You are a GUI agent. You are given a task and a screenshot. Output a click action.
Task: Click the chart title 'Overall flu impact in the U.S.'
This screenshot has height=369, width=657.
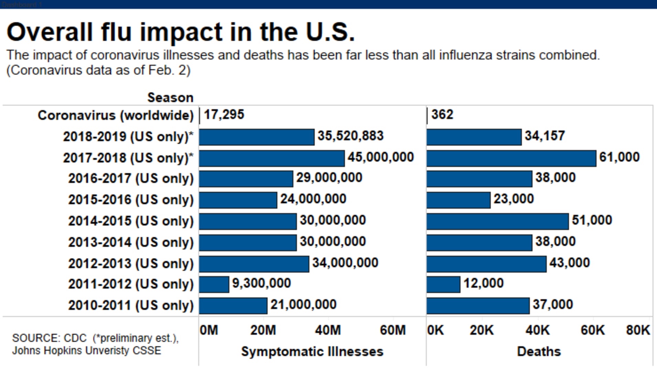pos(181,32)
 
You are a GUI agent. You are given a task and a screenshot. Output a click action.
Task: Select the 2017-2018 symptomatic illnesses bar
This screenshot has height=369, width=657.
pos(272,158)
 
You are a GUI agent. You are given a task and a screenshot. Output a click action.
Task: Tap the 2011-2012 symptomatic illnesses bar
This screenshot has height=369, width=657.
pos(214,284)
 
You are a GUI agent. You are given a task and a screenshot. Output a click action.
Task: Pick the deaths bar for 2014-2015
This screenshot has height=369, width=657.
pos(497,221)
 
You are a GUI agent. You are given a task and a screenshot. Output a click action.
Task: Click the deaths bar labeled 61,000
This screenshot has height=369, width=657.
pos(511,158)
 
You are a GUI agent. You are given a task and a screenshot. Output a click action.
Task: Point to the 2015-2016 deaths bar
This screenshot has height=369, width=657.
pos(459,200)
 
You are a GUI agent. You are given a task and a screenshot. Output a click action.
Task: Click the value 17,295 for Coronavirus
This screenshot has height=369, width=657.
pos(224,114)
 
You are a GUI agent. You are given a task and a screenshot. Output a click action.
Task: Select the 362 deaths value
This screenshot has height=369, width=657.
pos(442,114)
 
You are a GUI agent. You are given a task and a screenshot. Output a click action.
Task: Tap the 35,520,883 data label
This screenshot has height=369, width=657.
pos(350,136)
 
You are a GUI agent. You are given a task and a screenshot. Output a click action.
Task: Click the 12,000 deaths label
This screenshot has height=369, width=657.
pos(483,283)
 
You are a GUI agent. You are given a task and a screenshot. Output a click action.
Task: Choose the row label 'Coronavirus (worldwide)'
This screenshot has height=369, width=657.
pos(116,115)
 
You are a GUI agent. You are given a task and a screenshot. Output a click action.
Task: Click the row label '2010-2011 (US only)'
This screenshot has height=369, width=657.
pos(131,305)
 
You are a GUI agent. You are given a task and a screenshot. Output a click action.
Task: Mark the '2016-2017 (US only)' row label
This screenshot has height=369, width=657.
pos(131,179)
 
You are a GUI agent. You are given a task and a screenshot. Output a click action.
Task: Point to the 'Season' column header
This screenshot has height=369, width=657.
pos(170,98)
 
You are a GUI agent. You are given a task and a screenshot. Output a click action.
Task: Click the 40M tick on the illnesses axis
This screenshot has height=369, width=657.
pos(328,330)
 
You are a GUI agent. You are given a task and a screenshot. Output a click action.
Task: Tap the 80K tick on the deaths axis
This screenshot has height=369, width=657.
pos(638,330)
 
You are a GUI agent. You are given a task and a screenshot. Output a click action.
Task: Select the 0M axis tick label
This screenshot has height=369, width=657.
pos(209,330)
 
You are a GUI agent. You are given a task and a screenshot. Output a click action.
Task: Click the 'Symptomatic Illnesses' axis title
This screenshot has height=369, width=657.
pos(312,351)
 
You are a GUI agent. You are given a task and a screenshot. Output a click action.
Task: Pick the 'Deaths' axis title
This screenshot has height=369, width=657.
pos(539,351)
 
